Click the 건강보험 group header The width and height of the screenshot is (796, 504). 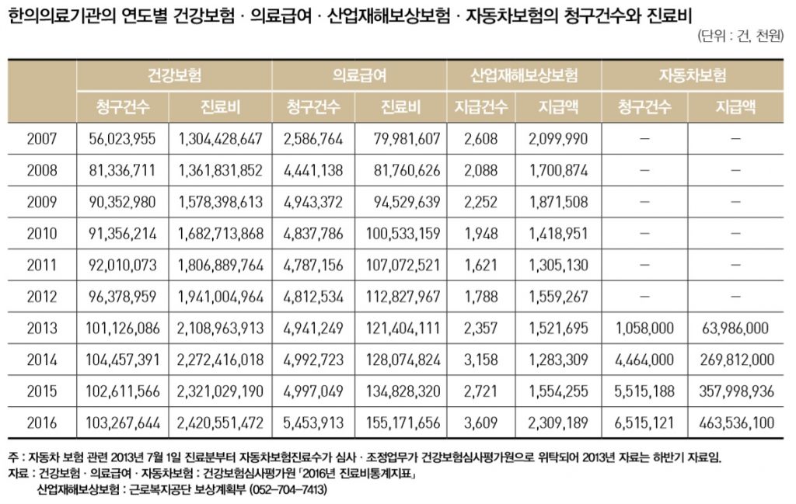point(174,76)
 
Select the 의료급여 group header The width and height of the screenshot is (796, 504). point(359,76)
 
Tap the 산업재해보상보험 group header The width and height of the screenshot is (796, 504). point(524,76)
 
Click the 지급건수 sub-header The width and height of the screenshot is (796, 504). point(480,107)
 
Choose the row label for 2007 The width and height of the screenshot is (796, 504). point(42,139)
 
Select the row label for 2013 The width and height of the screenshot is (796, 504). point(42,328)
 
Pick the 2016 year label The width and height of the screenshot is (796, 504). point(42,423)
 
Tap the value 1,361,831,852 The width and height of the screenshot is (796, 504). point(220,171)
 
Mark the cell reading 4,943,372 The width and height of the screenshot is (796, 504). point(312,203)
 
